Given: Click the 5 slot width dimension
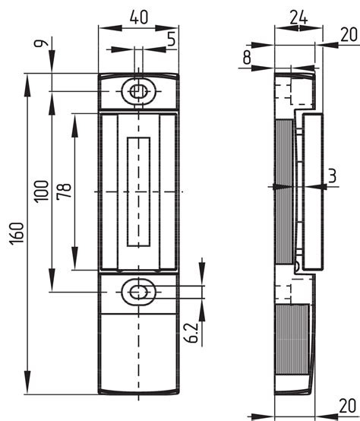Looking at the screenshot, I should point(172,36).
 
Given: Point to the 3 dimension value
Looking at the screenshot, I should point(333,176).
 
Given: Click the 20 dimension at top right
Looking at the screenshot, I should point(349,33).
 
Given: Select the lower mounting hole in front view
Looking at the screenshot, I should point(137,291).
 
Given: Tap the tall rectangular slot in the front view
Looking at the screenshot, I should point(138,192).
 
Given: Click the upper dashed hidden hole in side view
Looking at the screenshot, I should point(283,92).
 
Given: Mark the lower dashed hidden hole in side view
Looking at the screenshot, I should point(283,292).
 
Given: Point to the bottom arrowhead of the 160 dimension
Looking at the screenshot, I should point(28,383).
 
